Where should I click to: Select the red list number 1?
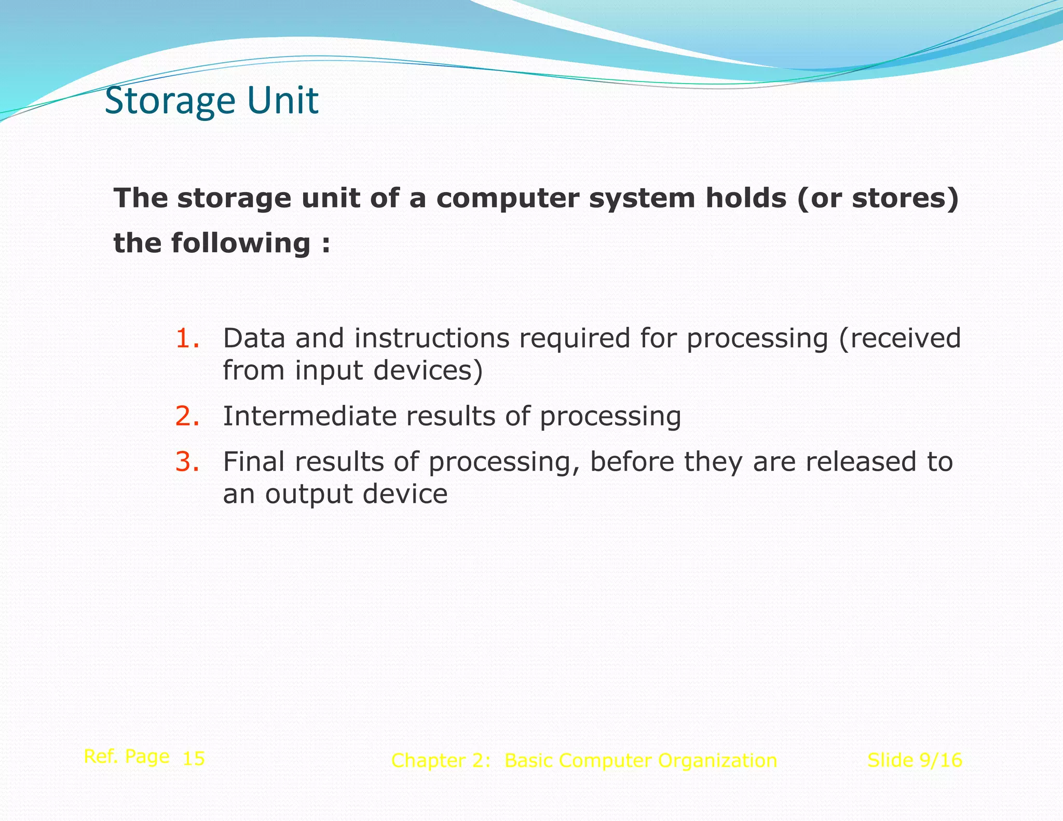(187, 338)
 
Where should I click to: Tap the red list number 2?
(187, 416)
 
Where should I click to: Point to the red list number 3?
(187, 462)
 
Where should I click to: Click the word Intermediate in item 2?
(309, 416)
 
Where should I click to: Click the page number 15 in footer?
(194, 759)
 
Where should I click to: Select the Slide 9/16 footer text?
(915, 760)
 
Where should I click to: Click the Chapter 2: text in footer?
(441, 761)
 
